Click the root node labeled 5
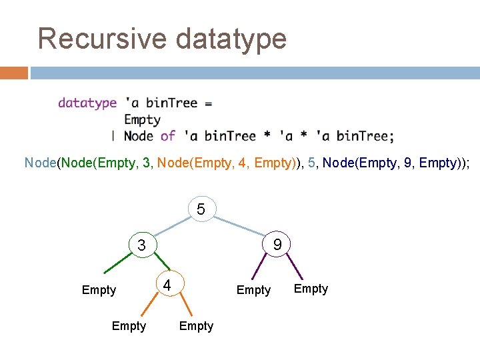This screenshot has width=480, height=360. pos(201,209)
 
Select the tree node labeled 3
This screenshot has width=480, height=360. pos(141,245)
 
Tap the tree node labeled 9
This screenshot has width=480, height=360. pos(277,245)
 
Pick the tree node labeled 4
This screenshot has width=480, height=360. pos(168,285)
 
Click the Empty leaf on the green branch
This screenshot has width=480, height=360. pos(99,290)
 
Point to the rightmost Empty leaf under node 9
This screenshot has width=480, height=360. pos(311,289)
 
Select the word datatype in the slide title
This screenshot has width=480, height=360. pos(231,38)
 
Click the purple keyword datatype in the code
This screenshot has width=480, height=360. pos(87,103)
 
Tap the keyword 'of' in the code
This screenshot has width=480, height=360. pos(168,136)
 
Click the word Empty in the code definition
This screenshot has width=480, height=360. pos(142,120)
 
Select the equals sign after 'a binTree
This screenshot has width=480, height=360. pos(208,103)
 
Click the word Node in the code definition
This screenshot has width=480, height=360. pos(139,136)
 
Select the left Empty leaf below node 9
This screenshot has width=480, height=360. pos(253,290)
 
